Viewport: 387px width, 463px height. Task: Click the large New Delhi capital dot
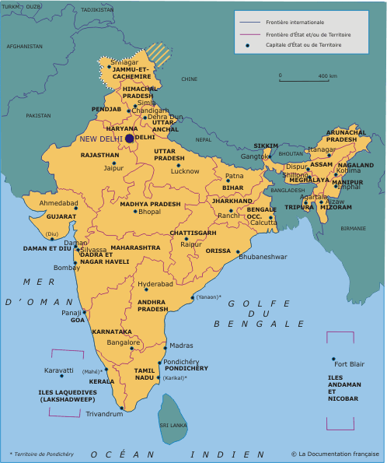click(x=129, y=139)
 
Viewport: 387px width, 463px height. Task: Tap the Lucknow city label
click(x=185, y=170)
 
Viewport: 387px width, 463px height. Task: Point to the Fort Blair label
click(x=349, y=363)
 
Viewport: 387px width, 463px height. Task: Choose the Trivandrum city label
click(x=104, y=414)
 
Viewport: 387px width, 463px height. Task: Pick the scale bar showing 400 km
click(x=308, y=79)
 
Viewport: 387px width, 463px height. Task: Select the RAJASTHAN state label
click(x=100, y=155)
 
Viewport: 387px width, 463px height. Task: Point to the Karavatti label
click(x=58, y=370)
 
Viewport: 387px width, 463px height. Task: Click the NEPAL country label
click(x=204, y=139)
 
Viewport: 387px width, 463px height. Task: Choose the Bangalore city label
click(x=124, y=342)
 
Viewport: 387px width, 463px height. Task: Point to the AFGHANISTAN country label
click(x=25, y=46)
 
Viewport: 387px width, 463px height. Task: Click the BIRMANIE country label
click(x=353, y=228)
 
